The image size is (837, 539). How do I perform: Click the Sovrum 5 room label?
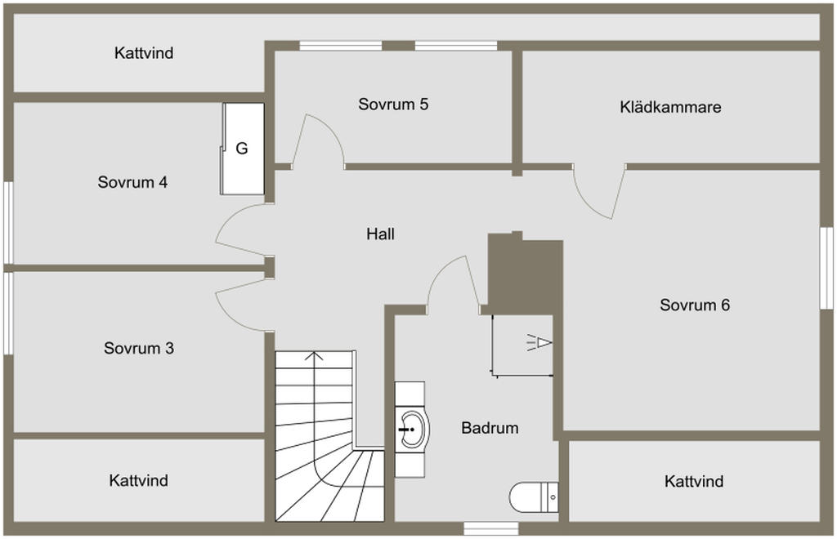393,105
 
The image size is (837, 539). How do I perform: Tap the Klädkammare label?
670,107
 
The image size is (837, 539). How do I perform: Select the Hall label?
380,234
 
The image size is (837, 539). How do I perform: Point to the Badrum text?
490,427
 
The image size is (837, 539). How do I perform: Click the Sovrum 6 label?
695,305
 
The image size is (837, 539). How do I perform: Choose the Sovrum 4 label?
132,182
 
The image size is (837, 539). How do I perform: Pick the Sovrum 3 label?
138,349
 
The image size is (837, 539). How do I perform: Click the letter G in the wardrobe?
241,149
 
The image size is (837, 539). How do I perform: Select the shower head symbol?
539,342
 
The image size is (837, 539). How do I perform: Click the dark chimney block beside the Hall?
525,276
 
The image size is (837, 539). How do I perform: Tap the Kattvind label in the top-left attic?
144,54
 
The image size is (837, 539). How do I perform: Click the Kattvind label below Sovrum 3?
138,480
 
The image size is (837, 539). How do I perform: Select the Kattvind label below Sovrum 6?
694,482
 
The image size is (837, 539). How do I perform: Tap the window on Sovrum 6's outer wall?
826,267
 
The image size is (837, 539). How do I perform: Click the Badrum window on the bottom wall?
490,528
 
